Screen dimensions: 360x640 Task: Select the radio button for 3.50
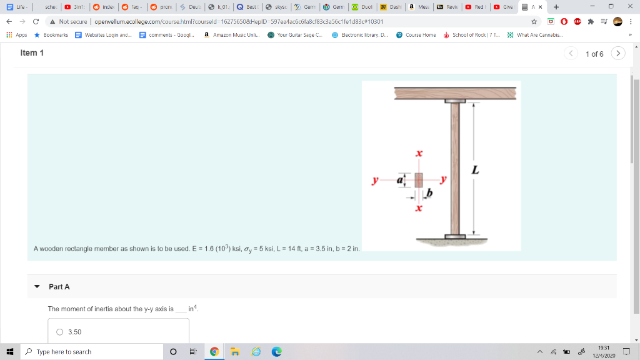[60, 332]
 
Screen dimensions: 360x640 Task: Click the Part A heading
[59, 286]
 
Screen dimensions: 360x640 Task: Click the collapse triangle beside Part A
[37, 287]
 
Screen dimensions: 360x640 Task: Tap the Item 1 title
[32, 53]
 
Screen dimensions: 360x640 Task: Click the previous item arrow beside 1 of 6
[571, 54]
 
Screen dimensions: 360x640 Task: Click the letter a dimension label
[402, 180]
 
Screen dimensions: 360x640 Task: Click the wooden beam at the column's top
[457, 92]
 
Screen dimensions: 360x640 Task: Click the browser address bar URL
[237, 21]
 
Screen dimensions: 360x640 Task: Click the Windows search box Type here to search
[94, 352]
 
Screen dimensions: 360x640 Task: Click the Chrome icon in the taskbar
[214, 352]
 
